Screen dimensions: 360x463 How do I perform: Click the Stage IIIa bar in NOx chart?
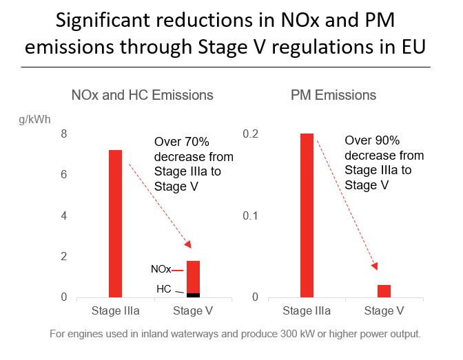pos(115,224)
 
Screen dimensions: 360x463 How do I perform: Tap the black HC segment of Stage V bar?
pos(193,295)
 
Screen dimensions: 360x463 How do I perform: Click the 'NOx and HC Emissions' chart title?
pos(143,95)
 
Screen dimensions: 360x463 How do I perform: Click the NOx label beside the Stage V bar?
pos(161,270)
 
